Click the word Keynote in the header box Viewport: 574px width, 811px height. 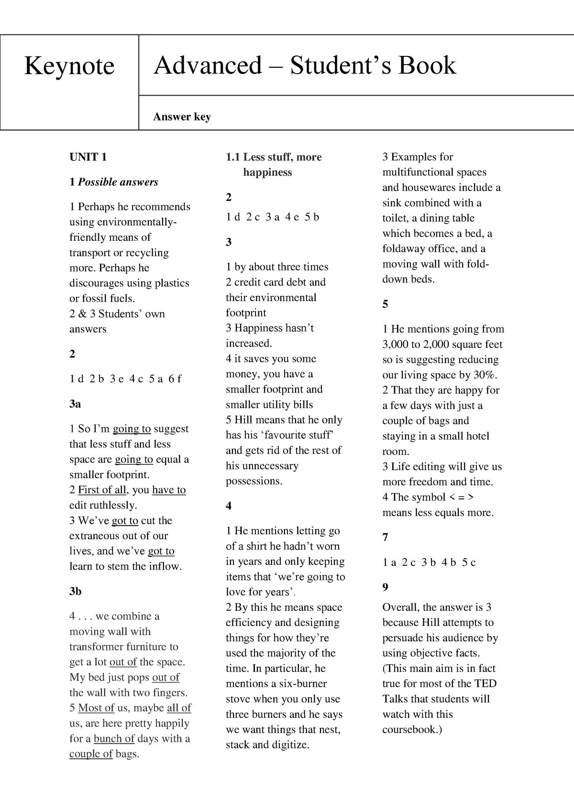[x=69, y=66]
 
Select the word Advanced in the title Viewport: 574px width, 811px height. [x=208, y=65]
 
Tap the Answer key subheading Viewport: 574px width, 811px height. [x=182, y=117]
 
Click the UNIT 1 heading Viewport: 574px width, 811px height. [x=88, y=157]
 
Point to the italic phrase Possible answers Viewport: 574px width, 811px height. [x=118, y=182]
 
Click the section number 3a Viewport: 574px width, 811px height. [x=75, y=404]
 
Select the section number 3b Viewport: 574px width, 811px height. [x=76, y=591]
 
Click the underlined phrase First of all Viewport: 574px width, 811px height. [x=102, y=490]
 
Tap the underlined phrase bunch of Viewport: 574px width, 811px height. [x=114, y=738]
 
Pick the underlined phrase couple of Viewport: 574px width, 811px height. [x=91, y=754]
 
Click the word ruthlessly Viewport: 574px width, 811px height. [x=112, y=505]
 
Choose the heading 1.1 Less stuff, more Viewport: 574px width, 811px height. [x=274, y=157]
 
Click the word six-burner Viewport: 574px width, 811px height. [x=303, y=683]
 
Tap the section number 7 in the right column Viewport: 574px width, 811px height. [x=386, y=537]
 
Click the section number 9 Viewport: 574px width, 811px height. [x=386, y=587]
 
